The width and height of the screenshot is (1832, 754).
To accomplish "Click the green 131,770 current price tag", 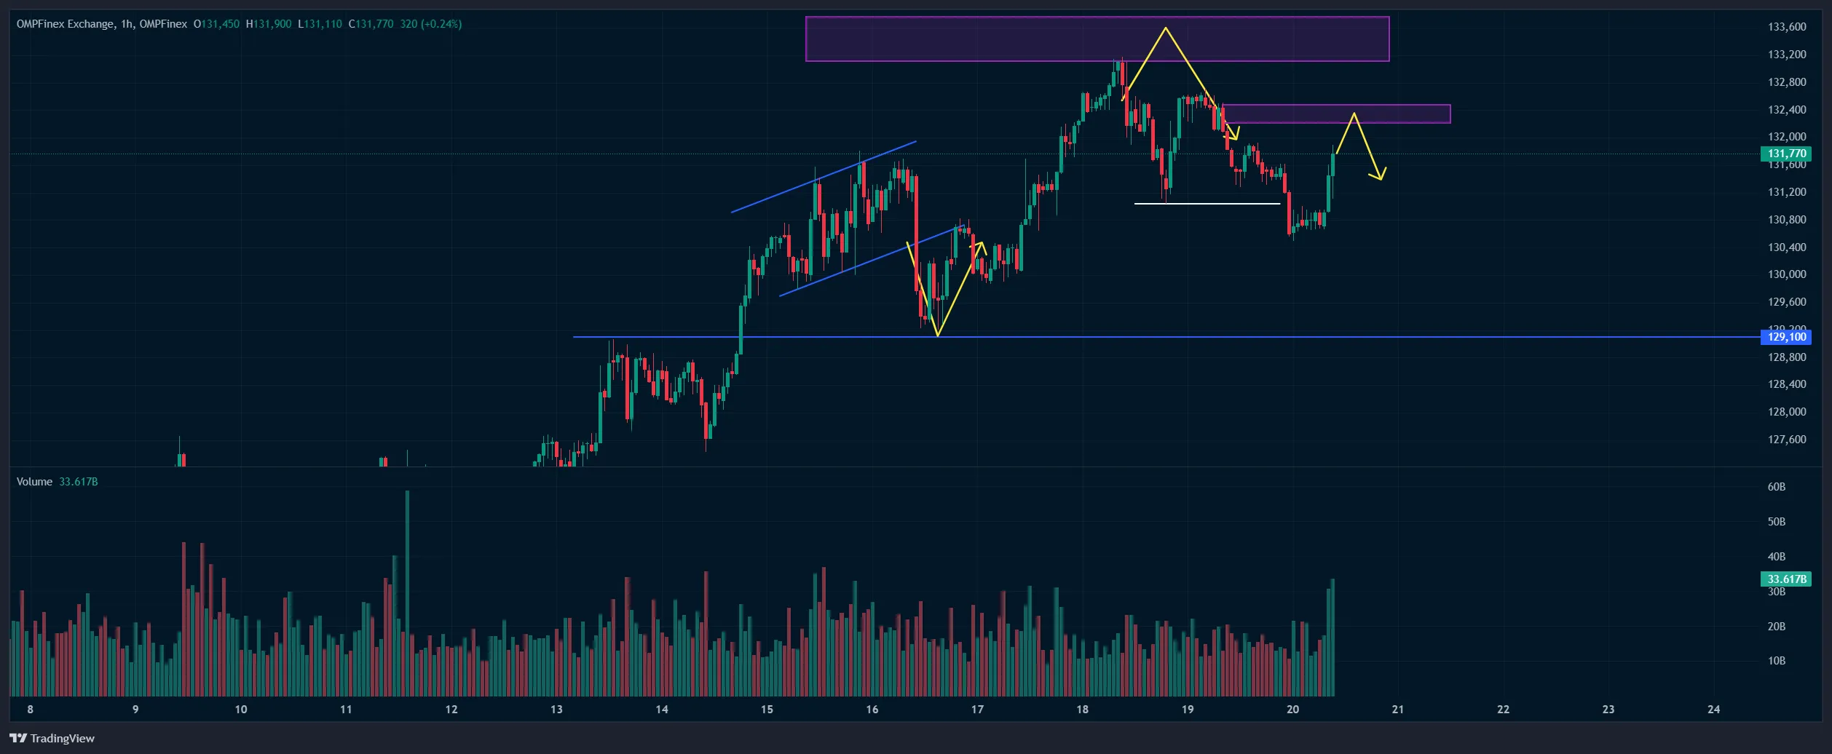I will click(x=1787, y=154).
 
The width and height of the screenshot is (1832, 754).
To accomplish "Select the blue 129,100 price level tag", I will click(x=1787, y=337).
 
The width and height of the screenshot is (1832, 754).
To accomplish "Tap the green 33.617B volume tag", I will click(x=1787, y=579).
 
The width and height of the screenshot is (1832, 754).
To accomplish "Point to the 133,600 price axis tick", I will click(x=1787, y=27).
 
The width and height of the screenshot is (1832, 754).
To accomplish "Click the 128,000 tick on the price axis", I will click(x=1787, y=412).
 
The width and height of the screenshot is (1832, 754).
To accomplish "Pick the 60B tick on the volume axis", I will click(x=1777, y=487).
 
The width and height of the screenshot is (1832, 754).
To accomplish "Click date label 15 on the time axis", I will click(x=767, y=710).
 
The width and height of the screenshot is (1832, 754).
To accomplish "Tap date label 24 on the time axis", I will click(x=1714, y=710).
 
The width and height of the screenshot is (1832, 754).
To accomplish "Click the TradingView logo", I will click(x=52, y=738).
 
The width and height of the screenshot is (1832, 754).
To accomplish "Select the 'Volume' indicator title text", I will click(x=34, y=482).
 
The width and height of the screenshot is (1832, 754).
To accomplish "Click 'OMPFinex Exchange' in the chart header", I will click(x=65, y=24).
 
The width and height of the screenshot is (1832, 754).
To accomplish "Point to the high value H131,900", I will click(x=269, y=24).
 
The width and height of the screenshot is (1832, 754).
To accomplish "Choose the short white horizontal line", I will click(x=1207, y=204).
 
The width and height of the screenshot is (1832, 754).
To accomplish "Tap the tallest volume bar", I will click(x=407, y=593).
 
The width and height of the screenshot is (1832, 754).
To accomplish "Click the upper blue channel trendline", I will click(x=823, y=177).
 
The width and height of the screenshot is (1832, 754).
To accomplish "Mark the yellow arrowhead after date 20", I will click(x=1379, y=175).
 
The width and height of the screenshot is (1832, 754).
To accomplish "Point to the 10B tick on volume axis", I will click(x=1777, y=661).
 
